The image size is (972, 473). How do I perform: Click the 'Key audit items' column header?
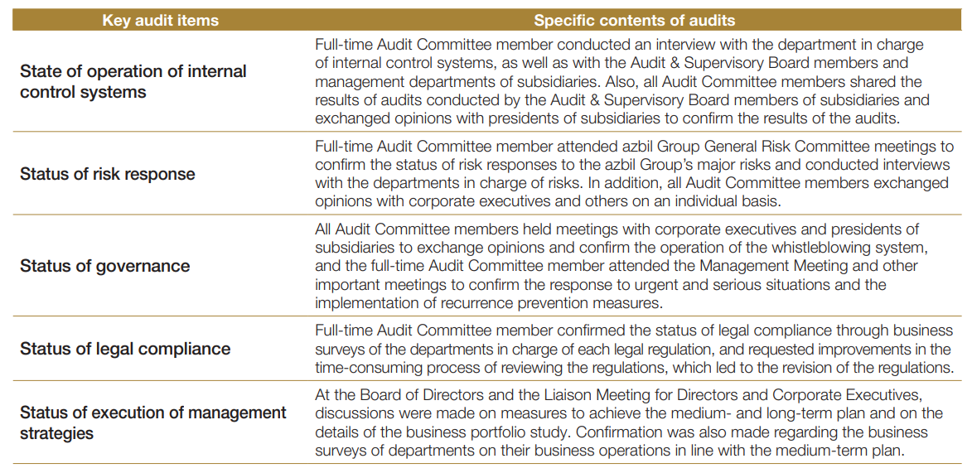pyautogui.click(x=160, y=20)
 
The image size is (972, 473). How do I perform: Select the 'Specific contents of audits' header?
pyautogui.click(x=634, y=20)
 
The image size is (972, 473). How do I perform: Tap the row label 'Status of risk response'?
pyautogui.click(x=108, y=174)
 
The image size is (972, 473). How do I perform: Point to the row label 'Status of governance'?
pyautogui.click(x=105, y=266)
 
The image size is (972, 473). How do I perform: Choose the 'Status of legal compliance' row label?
pyautogui.click(x=125, y=348)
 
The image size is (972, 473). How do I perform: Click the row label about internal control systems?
pyautogui.click(x=133, y=81)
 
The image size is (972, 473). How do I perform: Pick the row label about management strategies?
pyautogui.click(x=153, y=422)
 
